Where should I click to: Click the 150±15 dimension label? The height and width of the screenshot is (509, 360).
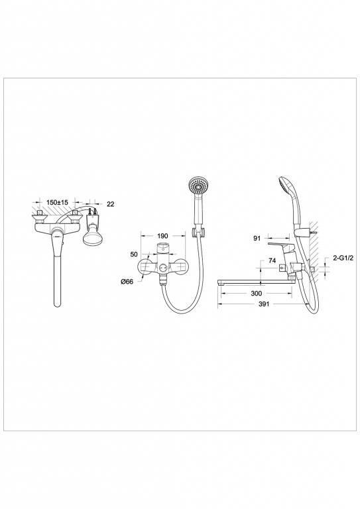pyautogui.click(x=57, y=202)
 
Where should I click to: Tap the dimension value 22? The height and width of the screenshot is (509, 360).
pyautogui.click(x=111, y=204)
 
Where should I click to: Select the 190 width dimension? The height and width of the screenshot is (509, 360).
pyautogui.click(x=162, y=236)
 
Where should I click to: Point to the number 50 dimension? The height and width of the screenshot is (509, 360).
pyautogui.click(x=134, y=254)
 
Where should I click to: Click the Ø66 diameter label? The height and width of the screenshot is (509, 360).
pyautogui.click(x=127, y=282)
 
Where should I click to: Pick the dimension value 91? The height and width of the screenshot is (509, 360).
pyautogui.click(x=257, y=239)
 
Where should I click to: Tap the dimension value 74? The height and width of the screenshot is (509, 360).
pyautogui.click(x=272, y=260)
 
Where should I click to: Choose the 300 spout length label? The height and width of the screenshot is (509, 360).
pyautogui.click(x=257, y=294)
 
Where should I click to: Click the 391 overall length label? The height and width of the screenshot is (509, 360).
pyautogui.click(x=264, y=304)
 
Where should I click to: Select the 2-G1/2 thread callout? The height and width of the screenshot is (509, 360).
pyautogui.click(x=343, y=258)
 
